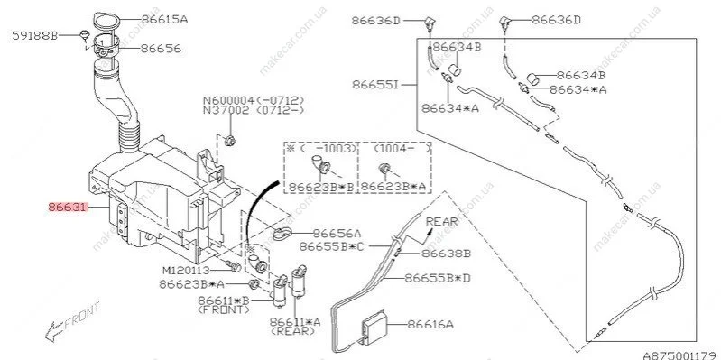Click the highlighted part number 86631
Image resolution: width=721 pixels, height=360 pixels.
pyautogui.click(x=68, y=208)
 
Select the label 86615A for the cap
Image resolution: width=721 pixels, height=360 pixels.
pyautogui.click(x=164, y=20)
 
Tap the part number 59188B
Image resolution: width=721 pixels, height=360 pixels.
pyautogui.click(x=35, y=35)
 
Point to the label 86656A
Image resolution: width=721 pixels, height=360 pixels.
pyautogui.click(x=337, y=234)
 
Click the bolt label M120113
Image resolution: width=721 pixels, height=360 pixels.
pyautogui.click(x=186, y=270)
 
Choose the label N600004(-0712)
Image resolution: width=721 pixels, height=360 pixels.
pyautogui.click(x=254, y=100)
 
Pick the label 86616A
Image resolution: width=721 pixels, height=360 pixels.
pyautogui.click(x=430, y=324)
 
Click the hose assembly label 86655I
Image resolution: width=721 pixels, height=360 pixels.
pyautogui.click(x=376, y=85)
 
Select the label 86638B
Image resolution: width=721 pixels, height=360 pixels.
pyautogui.click(x=446, y=254)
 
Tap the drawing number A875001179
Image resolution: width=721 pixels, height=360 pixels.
pyautogui.click(x=681, y=355)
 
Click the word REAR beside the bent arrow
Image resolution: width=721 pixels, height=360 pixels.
pyautogui.click(x=442, y=221)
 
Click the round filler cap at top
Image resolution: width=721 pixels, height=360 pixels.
pyautogui.click(x=106, y=21)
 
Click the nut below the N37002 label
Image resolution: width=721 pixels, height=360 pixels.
pyautogui.click(x=231, y=140)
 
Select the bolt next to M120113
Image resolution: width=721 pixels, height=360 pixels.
pyautogui.click(x=233, y=266)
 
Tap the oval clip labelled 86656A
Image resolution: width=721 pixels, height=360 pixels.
pyautogui.click(x=282, y=233)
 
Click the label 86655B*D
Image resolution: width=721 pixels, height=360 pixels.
pyautogui.click(x=438, y=278)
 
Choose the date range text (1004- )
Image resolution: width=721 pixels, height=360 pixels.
pyautogui.click(x=402, y=149)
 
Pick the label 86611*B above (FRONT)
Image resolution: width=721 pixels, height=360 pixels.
pyautogui.click(x=224, y=300)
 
